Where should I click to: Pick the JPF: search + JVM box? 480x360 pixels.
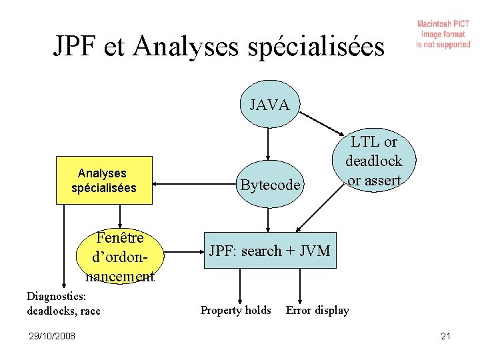coord(269,251)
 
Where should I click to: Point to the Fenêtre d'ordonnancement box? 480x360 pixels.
coord(120,257)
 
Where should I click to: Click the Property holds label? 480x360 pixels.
coord(236,310)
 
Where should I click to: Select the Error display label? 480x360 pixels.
coord(317,310)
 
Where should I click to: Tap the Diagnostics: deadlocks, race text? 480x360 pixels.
coord(63,303)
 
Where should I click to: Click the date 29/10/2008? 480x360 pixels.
coord(51,336)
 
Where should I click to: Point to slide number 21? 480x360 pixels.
coord(445,336)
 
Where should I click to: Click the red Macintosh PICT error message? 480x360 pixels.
coord(443,35)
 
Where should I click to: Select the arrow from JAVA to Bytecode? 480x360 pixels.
coord(268,143)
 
